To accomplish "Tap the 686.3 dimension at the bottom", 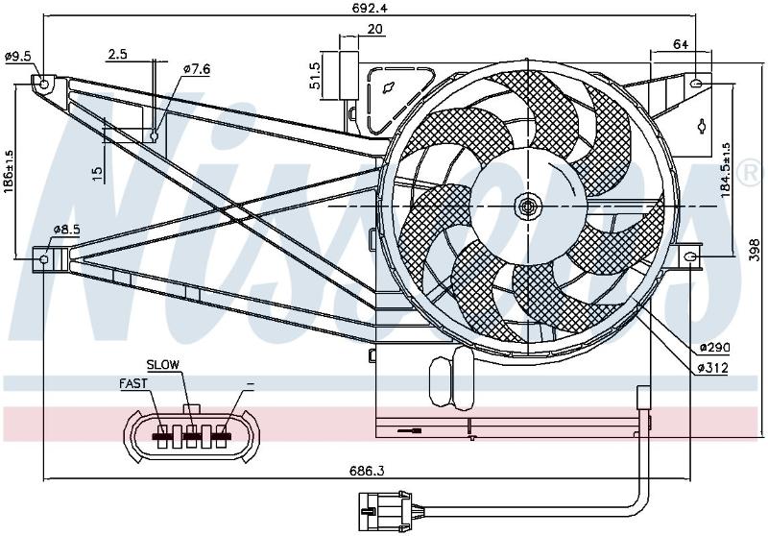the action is click(367, 472).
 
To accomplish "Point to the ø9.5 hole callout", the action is click(18, 57).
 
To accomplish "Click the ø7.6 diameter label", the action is click(197, 69).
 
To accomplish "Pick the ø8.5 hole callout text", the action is click(66, 229).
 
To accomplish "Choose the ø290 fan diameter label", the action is click(714, 348).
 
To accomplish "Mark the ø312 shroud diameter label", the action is click(712, 368).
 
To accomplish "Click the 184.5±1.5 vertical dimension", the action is click(726, 171).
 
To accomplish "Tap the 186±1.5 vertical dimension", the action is click(10, 171).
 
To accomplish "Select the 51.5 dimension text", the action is click(315, 76).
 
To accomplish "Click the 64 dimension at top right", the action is click(681, 44).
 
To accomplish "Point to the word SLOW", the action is click(163, 364).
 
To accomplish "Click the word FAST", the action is click(133, 383).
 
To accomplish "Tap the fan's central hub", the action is click(527, 207).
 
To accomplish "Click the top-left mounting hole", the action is click(44, 84).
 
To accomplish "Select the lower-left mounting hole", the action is click(43, 258).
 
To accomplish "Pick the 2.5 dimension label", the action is click(118, 54).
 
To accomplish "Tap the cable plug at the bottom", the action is click(387, 510).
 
